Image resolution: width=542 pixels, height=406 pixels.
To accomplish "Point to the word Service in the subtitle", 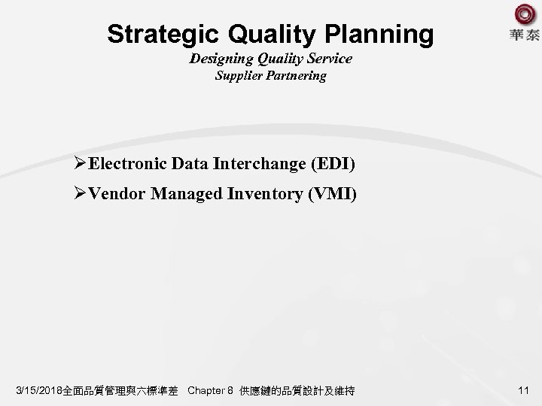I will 327,58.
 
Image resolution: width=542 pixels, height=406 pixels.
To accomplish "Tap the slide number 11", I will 524,390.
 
